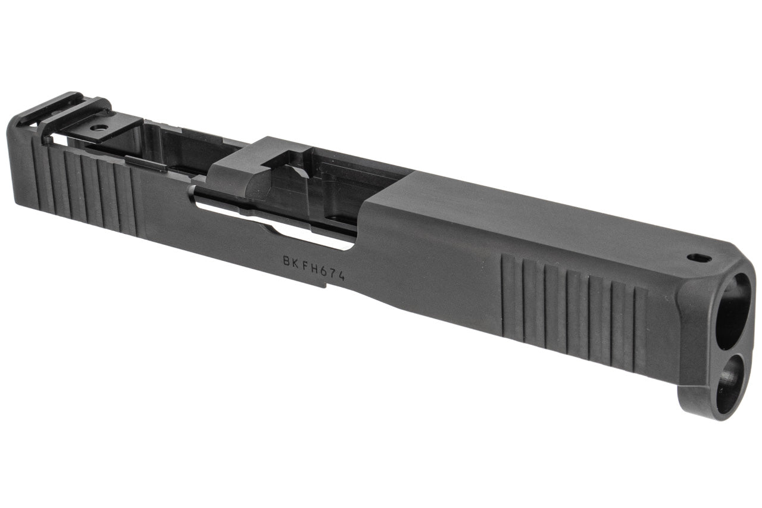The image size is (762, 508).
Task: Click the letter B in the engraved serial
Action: pyautogui.click(x=288, y=261)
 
